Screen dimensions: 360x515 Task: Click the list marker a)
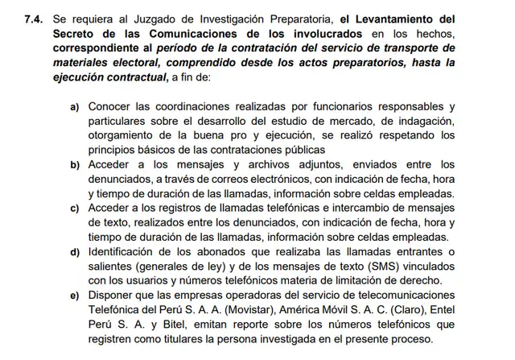pos(75,106)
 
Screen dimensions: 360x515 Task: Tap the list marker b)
pos(75,164)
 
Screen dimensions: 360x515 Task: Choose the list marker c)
pos(75,209)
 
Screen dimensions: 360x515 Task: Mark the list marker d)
pos(75,252)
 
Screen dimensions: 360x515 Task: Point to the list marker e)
pos(75,295)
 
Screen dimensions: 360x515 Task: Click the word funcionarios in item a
pos(340,106)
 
